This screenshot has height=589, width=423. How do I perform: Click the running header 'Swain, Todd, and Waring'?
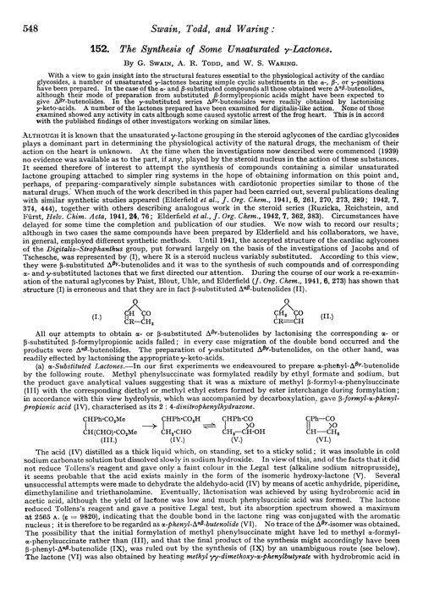tap(210, 11)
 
